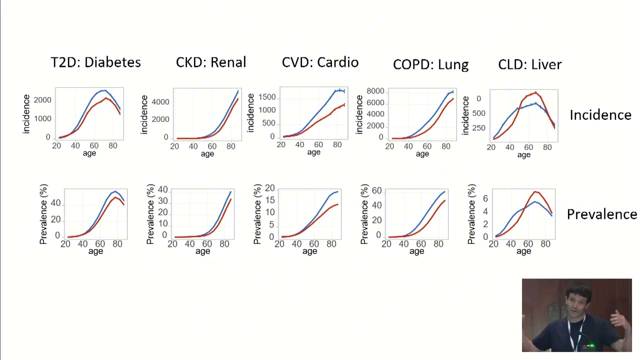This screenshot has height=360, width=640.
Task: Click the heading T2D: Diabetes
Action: [95, 62]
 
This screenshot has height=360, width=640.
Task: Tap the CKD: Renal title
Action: [211, 62]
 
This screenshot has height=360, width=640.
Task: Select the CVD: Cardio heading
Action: [320, 62]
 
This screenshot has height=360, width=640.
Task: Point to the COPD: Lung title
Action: [431, 64]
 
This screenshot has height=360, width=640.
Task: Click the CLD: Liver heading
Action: [530, 64]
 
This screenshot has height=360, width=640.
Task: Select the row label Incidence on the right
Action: [600, 115]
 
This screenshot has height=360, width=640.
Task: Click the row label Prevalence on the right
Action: [601, 214]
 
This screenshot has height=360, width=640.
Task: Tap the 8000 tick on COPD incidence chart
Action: [375, 91]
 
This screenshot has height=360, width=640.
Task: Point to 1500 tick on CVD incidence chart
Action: [267, 97]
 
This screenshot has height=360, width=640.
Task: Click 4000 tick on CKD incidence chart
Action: [160, 102]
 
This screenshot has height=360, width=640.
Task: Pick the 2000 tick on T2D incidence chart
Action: [42, 100]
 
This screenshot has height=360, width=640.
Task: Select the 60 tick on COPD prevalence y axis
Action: [377, 190]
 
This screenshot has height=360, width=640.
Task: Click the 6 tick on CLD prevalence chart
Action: [485, 198]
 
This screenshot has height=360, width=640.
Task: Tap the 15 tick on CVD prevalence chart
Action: [269, 200]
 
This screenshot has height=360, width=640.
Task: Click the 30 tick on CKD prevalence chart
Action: [163, 201]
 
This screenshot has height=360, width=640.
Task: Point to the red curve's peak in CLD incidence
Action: [535, 92]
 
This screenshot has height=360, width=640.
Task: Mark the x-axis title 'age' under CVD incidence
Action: [313, 152]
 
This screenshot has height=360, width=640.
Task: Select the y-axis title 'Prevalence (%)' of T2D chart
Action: [43, 214]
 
